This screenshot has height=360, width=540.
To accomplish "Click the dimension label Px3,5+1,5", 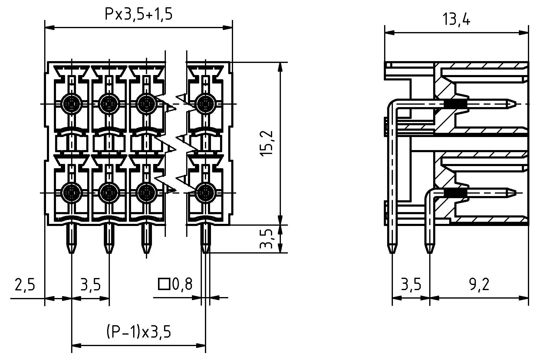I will (138, 14).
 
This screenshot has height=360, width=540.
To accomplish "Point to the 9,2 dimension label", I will (479, 285).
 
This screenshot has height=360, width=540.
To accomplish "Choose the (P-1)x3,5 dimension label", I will (138, 332).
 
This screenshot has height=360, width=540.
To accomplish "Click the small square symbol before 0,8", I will (163, 284).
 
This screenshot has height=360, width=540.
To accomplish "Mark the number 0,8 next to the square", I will (182, 284).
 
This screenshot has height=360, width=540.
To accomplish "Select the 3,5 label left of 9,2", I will (411, 285).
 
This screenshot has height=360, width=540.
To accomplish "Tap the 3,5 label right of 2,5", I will (90, 285).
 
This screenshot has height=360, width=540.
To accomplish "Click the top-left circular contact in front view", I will (71, 104).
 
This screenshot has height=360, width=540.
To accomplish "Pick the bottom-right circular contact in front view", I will (206, 193).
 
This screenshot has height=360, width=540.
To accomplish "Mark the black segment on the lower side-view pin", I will (456, 193).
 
